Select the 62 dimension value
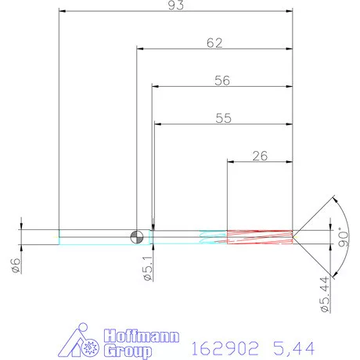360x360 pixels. (x=214, y=43)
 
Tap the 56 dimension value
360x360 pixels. (x=222, y=80)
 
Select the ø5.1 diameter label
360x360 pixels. (x=146, y=269)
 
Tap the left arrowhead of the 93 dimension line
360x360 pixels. (x=63, y=13)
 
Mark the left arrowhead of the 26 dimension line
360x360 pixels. (x=231, y=161)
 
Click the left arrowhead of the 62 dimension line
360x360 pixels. (x=141, y=49)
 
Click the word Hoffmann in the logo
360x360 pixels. (x=142, y=337)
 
